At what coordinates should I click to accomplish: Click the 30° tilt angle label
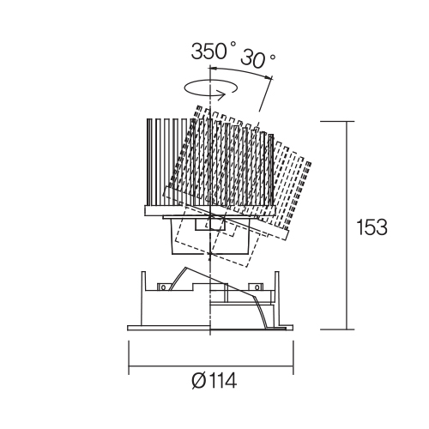tap(258, 59)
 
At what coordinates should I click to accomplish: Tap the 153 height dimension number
tap(372, 227)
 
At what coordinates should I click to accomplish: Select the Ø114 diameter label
tap(214, 381)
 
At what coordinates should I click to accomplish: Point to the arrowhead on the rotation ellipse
tap(222, 94)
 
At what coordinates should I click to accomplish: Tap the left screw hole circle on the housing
tap(163, 287)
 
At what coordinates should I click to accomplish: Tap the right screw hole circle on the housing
tap(257, 287)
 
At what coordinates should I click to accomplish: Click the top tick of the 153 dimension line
tap(337, 121)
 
